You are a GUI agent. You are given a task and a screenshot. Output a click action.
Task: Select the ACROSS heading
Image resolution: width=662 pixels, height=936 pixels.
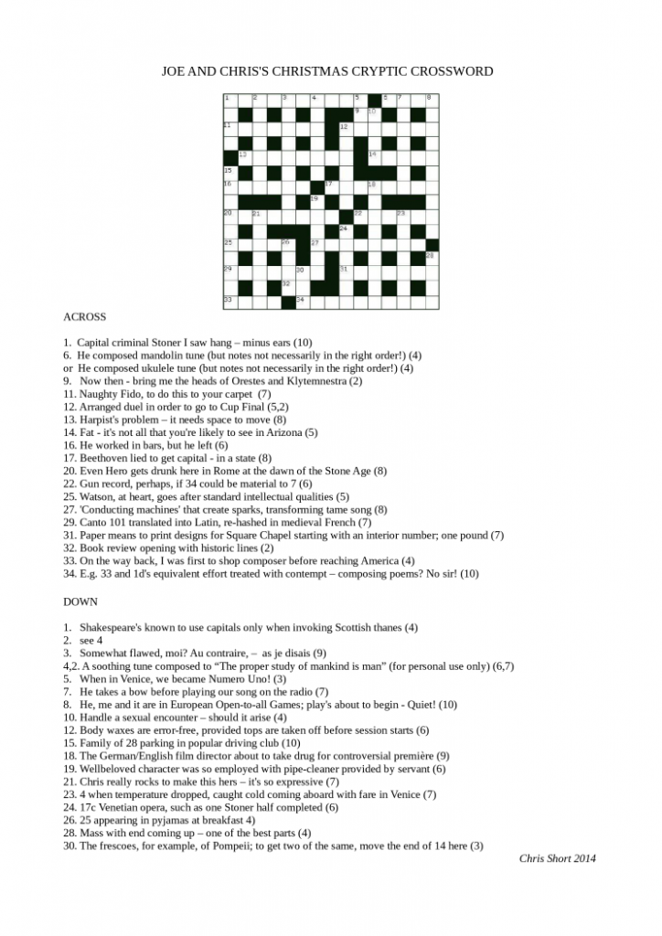pos(84,317)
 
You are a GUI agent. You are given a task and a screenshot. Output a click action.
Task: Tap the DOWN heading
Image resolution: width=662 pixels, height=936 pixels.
pos(80,602)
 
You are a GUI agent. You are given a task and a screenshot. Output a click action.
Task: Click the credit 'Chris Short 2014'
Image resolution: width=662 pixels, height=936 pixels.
pos(558,857)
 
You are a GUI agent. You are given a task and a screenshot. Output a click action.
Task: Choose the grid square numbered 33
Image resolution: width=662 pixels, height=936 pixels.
pos(230,301)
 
